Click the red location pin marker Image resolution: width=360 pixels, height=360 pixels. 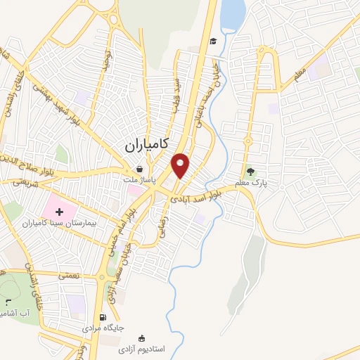tap(181, 165)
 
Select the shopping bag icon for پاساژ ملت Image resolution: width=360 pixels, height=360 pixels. tap(139, 169)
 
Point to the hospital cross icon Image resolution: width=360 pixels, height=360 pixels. tap(58, 210)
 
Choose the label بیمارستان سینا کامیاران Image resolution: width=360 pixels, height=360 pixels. tap(62, 223)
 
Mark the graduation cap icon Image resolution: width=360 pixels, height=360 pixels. tap(212, 40)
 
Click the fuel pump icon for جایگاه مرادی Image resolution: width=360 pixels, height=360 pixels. tap(104, 317)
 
